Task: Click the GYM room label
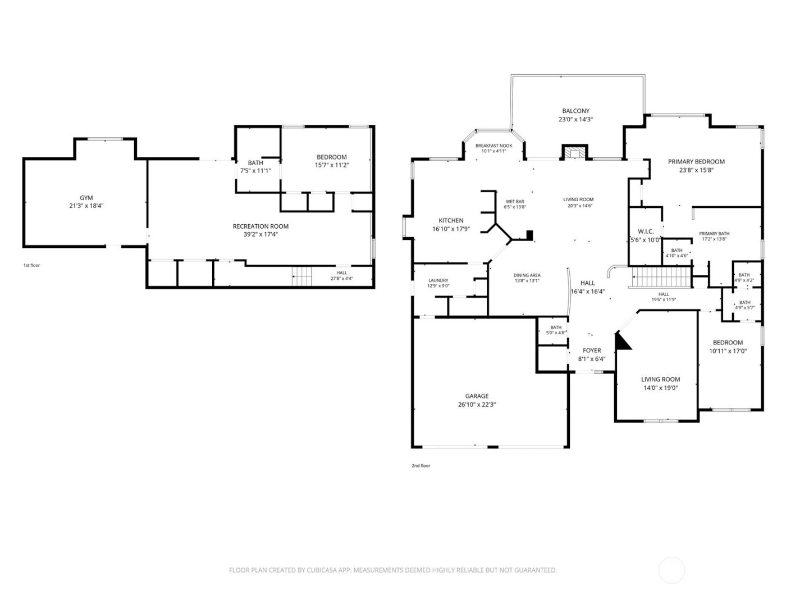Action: click(x=86, y=198)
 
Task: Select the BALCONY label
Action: click(x=575, y=111)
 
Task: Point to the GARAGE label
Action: click(x=477, y=396)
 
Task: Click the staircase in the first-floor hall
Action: click(x=303, y=276)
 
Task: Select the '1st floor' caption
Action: click(x=31, y=265)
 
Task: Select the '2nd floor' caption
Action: click(x=421, y=465)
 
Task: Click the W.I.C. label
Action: click(x=646, y=232)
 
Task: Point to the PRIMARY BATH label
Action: click(x=714, y=234)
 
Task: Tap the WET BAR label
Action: click(x=515, y=201)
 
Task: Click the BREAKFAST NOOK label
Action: click(x=493, y=146)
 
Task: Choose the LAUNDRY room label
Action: click(x=438, y=280)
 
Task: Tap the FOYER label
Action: click(x=592, y=351)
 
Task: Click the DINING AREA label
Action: click(x=527, y=275)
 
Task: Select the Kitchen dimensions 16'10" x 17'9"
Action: click(x=451, y=229)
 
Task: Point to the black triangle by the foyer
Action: click(x=622, y=342)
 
